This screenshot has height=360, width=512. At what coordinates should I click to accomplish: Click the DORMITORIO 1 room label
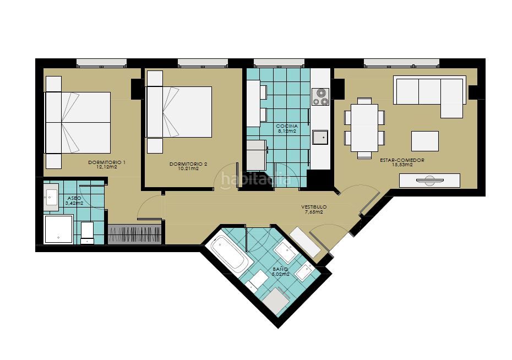pyautogui.click(x=107, y=162)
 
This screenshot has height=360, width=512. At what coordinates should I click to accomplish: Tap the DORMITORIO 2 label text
pyautogui.click(x=188, y=164)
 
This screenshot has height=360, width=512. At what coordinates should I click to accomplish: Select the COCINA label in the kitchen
pyautogui.click(x=287, y=126)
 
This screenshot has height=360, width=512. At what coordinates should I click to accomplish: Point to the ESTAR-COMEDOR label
pyautogui.click(x=402, y=160)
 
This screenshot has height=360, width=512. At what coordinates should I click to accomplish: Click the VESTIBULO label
pyautogui.click(x=314, y=207)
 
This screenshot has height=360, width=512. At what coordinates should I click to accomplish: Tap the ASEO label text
pyautogui.click(x=74, y=198)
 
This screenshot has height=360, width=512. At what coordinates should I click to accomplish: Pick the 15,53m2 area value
pyautogui.click(x=402, y=165)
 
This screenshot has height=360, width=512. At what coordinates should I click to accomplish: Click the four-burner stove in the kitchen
pyautogui.click(x=320, y=97)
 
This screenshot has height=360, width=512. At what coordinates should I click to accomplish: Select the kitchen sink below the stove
pyautogui.click(x=320, y=137)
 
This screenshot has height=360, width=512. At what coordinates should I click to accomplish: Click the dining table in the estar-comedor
pyautogui.click(x=364, y=128)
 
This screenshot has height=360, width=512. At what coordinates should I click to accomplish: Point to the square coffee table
pyautogui.click(x=425, y=141)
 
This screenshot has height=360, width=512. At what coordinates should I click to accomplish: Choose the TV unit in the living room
pyautogui.click(x=429, y=181)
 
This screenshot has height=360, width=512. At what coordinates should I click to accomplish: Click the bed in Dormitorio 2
pyautogui.click(x=179, y=112)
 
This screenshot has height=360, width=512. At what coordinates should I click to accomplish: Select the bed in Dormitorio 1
pyautogui.click(x=78, y=122)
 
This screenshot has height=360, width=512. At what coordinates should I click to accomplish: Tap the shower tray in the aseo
pyautogui.click(x=58, y=230)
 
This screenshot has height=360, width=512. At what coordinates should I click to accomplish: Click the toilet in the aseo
pyautogui.click(x=87, y=233)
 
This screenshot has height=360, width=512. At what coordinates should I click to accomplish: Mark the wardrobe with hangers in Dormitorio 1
pyautogui.click(x=134, y=234)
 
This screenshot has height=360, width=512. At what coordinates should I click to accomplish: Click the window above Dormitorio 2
pyautogui.click(x=203, y=63)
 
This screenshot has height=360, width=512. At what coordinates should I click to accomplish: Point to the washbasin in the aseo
pyautogui.click(x=51, y=197)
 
